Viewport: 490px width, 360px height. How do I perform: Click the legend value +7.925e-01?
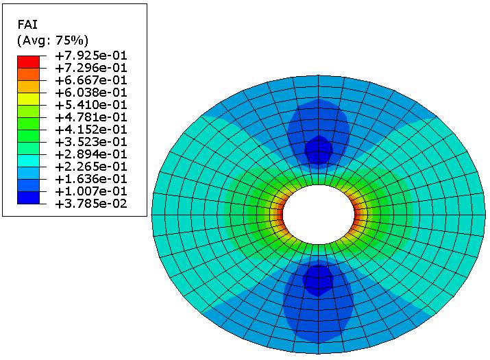(x=91, y=56)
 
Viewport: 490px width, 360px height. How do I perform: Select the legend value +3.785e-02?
(x=91, y=204)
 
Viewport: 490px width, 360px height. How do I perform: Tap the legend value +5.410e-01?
(x=91, y=105)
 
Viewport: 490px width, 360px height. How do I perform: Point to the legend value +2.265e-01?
(x=91, y=167)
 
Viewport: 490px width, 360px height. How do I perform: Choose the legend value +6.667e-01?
(x=91, y=80)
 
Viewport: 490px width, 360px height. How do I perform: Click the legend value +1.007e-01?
(x=91, y=191)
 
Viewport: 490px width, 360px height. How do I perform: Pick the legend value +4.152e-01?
(x=91, y=130)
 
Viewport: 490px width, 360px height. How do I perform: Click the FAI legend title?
(x=27, y=25)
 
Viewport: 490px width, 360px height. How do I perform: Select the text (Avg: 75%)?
(x=53, y=40)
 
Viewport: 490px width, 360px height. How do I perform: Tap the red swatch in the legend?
(x=28, y=62)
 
